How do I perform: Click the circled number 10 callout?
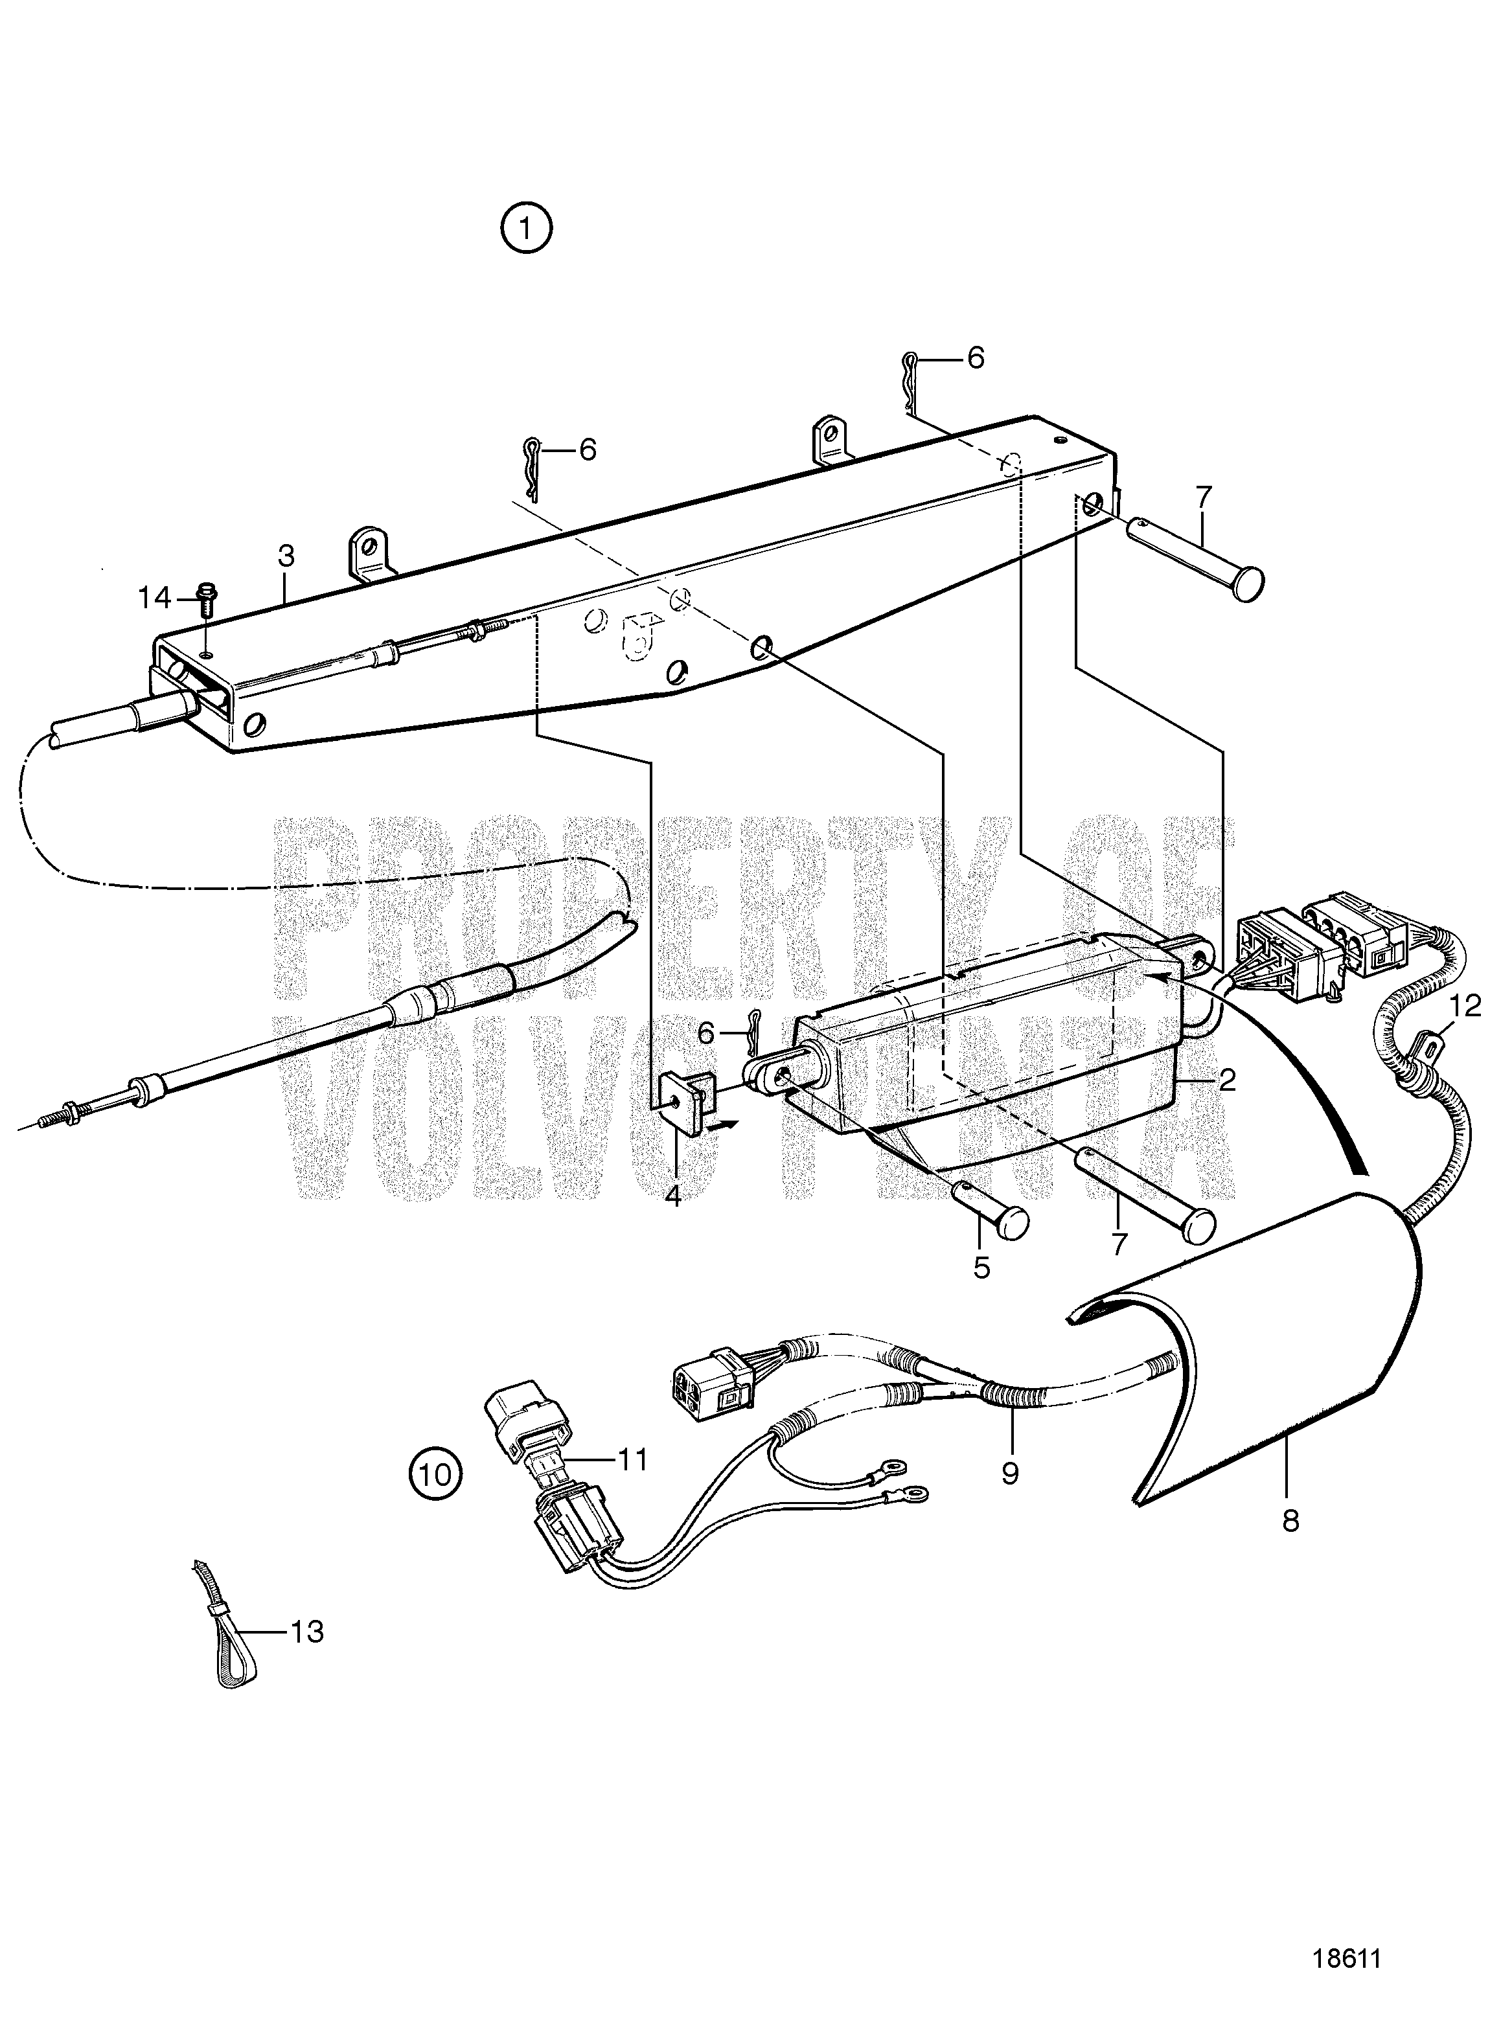click(x=436, y=1473)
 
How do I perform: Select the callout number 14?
click(x=154, y=598)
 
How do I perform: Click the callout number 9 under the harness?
click(x=1011, y=1473)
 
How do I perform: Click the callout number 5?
click(x=982, y=1268)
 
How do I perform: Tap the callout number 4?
click(x=672, y=1195)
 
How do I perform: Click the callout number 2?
click(x=1226, y=1081)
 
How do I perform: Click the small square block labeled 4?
click(x=687, y=1100)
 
